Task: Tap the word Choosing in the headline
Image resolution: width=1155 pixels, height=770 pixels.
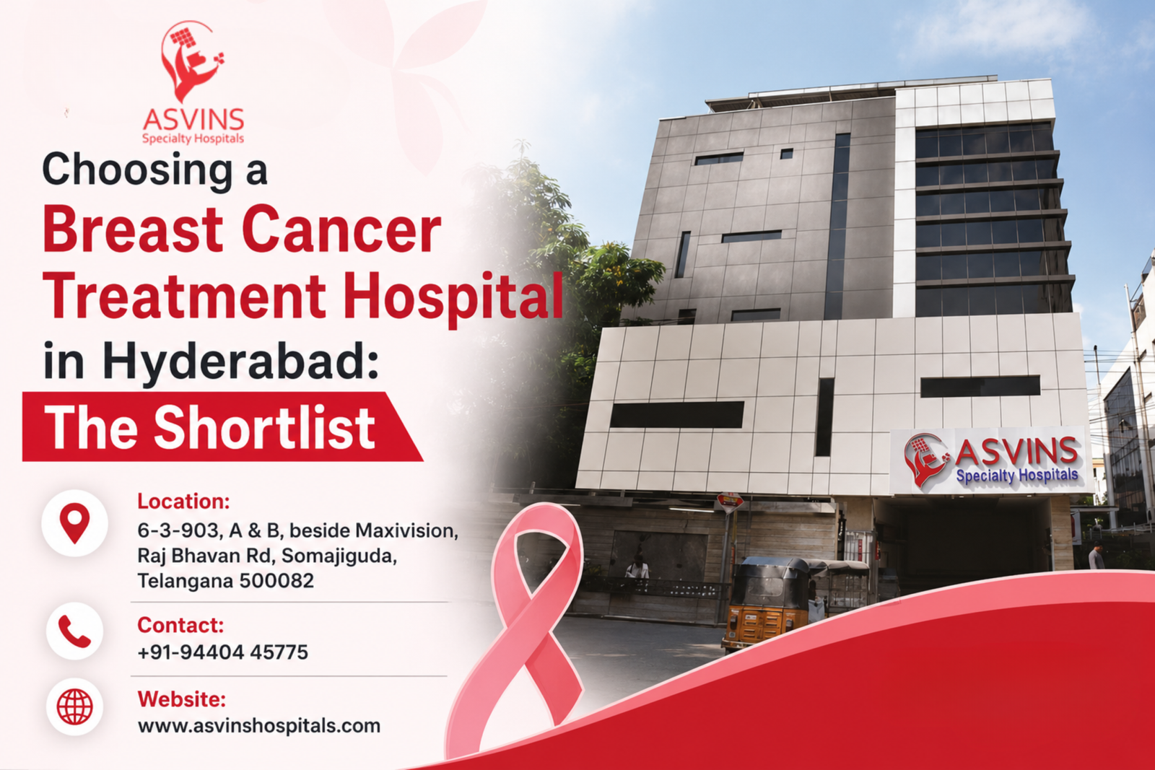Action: click(138, 170)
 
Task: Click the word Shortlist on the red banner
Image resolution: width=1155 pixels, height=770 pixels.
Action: click(264, 428)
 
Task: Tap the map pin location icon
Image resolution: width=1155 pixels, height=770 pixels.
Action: click(75, 522)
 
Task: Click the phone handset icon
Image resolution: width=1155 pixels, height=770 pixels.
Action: click(75, 631)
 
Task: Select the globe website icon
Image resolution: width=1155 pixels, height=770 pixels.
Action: click(75, 706)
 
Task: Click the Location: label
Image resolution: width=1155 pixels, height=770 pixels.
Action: click(183, 502)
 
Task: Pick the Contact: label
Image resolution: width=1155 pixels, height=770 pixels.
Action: click(180, 625)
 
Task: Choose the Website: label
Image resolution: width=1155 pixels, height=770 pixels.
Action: click(181, 699)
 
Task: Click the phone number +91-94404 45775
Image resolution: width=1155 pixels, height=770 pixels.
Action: click(223, 652)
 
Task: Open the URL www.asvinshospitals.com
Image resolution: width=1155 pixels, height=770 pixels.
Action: click(259, 726)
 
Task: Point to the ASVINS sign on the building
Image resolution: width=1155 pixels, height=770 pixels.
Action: click(990, 460)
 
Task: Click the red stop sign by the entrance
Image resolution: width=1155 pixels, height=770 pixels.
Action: click(730, 502)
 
